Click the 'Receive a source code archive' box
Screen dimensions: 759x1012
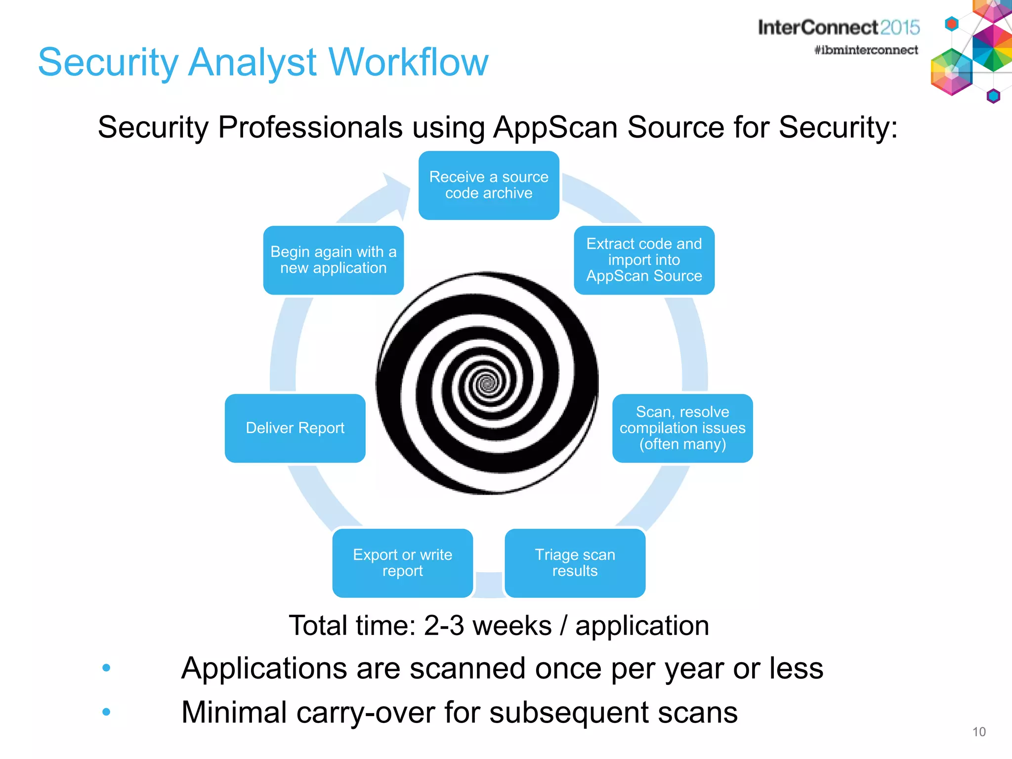coord(489,185)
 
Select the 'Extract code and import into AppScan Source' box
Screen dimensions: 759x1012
coord(644,260)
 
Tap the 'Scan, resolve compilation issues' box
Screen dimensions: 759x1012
coord(682,428)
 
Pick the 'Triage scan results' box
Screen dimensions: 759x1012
coord(575,563)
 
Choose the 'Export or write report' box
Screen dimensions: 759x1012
coord(402,563)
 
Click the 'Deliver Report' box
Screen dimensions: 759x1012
coord(295,428)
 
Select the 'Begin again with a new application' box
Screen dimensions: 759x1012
coord(334,260)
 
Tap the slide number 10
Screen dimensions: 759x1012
coord(979,732)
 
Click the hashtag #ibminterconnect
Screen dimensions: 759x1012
coord(866,50)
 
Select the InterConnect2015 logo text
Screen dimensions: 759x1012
coord(839,28)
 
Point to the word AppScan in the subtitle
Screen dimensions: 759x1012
coord(556,127)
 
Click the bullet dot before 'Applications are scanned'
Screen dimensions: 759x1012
coord(106,668)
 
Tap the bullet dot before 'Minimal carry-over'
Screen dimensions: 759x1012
coord(106,712)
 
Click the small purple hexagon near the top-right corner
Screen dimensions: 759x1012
coord(993,96)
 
